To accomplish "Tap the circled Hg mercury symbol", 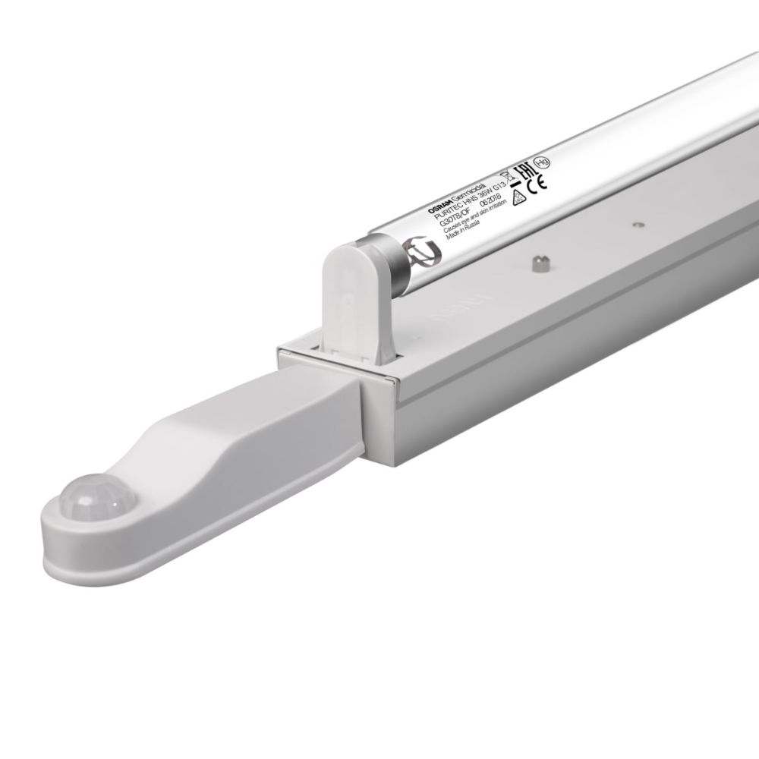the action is click(x=541, y=161).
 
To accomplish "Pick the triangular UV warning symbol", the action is click(x=518, y=198).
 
